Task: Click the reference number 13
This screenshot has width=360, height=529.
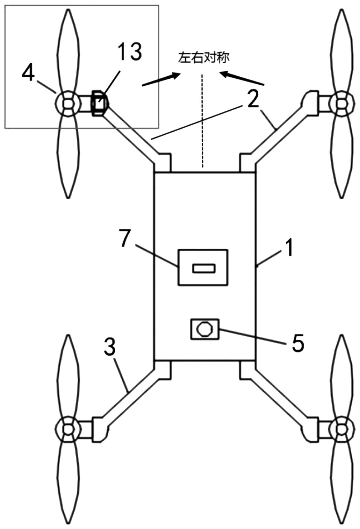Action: (x=130, y=52)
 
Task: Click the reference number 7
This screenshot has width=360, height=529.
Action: (x=125, y=238)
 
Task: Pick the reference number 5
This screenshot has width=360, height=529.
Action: (x=297, y=343)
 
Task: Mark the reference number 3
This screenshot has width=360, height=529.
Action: (x=110, y=347)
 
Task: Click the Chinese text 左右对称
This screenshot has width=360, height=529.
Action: (x=204, y=58)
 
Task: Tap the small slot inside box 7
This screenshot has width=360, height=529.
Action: (x=204, y=268)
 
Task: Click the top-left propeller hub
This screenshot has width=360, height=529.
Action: (x=68, y=103)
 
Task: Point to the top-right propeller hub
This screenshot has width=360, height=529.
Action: (x=342, y=103)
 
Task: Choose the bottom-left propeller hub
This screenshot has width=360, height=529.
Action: (x=68, y=428)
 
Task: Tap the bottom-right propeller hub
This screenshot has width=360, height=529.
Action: (x=342, y=428)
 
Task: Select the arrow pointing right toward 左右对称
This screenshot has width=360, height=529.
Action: (x=160, y=79)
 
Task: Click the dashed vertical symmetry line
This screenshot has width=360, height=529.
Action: (x=203, y=120)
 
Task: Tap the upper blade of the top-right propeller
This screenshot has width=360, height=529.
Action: (x=341, y=49)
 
